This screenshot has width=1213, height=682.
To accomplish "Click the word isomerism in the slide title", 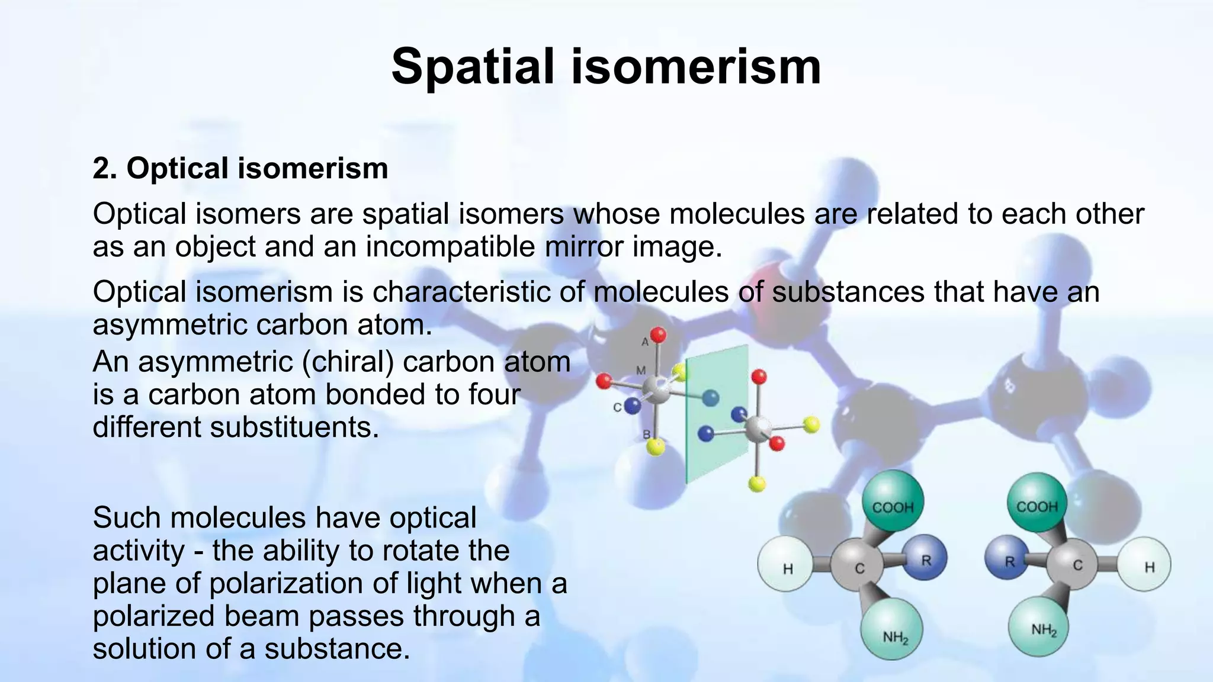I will click(696, 66).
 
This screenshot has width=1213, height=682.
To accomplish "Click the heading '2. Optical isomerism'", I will click(240, 168).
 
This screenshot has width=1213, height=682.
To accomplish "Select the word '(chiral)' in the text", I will click(348, 361).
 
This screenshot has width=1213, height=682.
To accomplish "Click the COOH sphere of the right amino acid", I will click(1037, 503).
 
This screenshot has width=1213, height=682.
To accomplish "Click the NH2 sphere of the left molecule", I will click(891, 629).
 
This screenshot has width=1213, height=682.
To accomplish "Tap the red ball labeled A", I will click(658, 336).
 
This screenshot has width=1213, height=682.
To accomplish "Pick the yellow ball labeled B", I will click(656, 447).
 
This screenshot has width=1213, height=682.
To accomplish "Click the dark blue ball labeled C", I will click(633, 406).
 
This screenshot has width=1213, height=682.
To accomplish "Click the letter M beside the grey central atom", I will click(641, 371).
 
